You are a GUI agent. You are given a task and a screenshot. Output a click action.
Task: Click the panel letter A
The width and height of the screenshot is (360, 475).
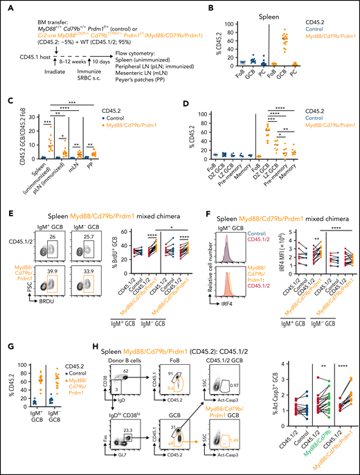coord(5,5)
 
